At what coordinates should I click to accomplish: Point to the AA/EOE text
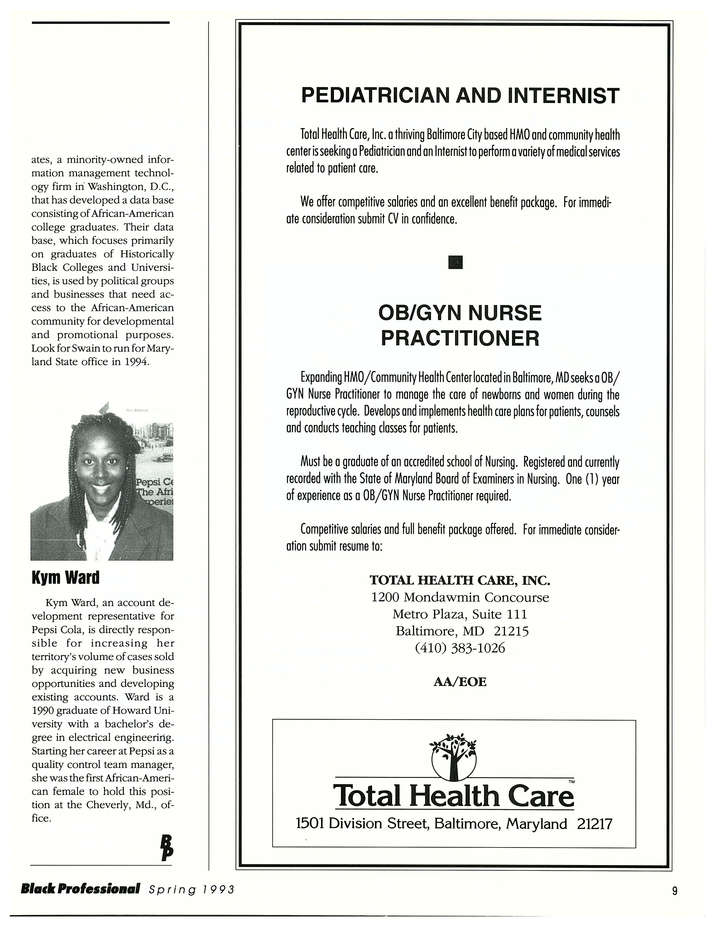pyautogui.click(x=460, y=682)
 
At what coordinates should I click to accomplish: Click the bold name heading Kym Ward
pyautogui.click(x=65, y=577)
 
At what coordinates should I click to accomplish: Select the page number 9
pyautogui.click(x=675, y=891)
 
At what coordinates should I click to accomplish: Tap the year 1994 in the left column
pyautogui.click(x=136, y=362)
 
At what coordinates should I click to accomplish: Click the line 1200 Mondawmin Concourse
pyautogui.click(x=460, y=597)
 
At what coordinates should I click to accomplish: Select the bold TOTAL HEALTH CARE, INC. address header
pyautogui.click(x=460, y=580)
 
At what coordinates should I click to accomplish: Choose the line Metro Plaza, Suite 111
pyautogui.click(x=460, y=614)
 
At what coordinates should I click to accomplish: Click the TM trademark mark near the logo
pyautogui.click(x=571, y=781)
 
